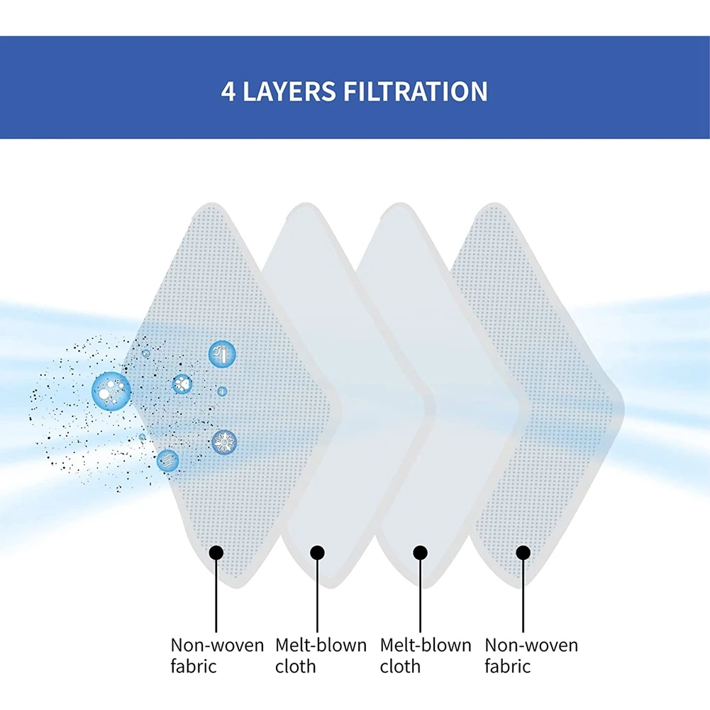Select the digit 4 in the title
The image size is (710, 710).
228,92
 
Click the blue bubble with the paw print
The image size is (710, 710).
182,384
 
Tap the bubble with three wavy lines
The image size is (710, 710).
167,460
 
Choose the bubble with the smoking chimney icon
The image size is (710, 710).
221,353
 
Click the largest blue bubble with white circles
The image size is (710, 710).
111,389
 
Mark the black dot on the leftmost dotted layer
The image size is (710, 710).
216,552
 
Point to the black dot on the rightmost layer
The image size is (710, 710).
523,552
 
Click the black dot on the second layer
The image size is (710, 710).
317,552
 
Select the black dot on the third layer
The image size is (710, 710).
420,552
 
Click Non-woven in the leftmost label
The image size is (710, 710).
217,645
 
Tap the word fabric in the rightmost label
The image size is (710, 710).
507,667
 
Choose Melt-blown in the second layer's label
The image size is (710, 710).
321,645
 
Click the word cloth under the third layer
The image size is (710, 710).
400,667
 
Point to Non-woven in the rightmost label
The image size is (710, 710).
531,645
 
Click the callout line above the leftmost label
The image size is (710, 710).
216,596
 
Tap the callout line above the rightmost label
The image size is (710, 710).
523,596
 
